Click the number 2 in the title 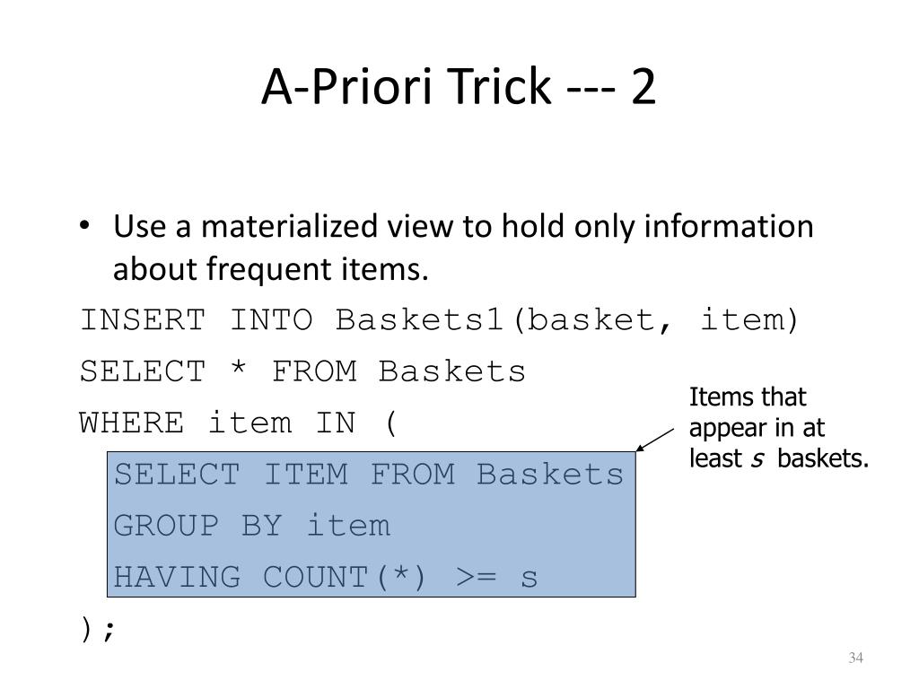tap(643, 86)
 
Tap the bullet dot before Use tap(85, 225)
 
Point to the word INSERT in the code tap(143, 320)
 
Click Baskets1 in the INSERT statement tap(420, 320)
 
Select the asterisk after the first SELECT tap(239, 368)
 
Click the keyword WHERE tap(131, 423)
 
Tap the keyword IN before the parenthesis tap(336, 423)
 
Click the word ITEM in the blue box tap(305, 474)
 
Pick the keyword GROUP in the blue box tap(166, 525)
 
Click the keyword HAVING tap(177, 577)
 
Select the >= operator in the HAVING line tap(476, 577)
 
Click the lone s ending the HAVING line tap(529, 579)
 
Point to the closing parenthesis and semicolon tap(98, 630)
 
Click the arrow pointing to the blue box tap(655, 440)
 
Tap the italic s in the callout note tap(757, 459)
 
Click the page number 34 tap(855, 658)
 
